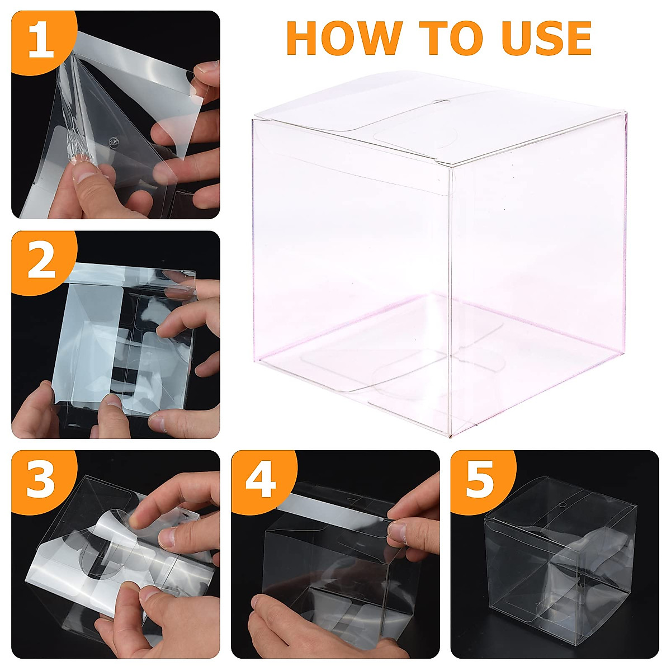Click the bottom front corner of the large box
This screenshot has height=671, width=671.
[450, 436]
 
